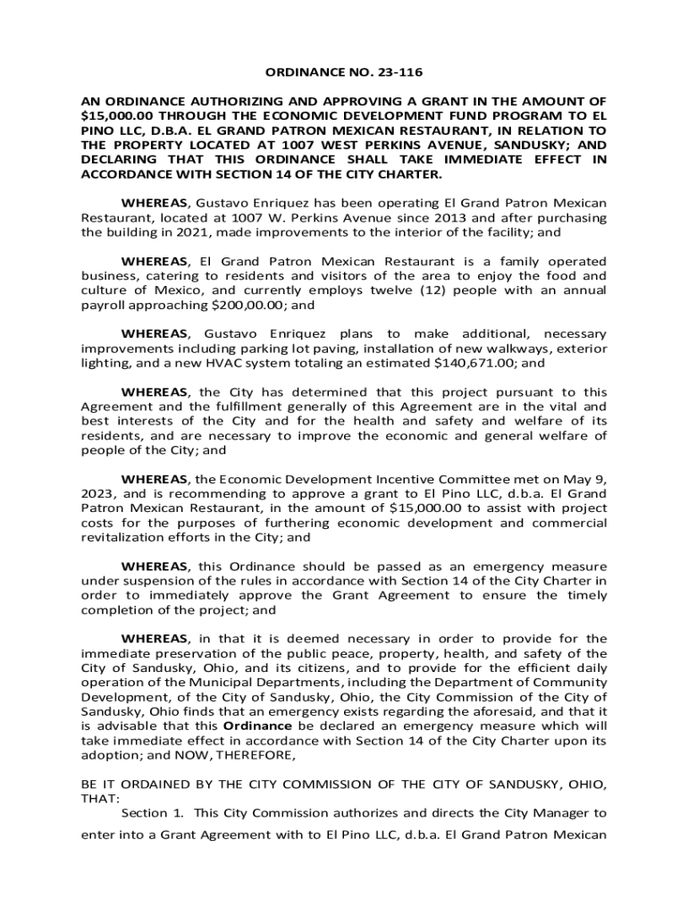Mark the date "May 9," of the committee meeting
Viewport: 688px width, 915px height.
click(x=588, y=479)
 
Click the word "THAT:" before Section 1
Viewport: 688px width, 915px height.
click(x=98, y=798)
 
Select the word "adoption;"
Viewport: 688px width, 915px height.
click(x=112, y=754)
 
